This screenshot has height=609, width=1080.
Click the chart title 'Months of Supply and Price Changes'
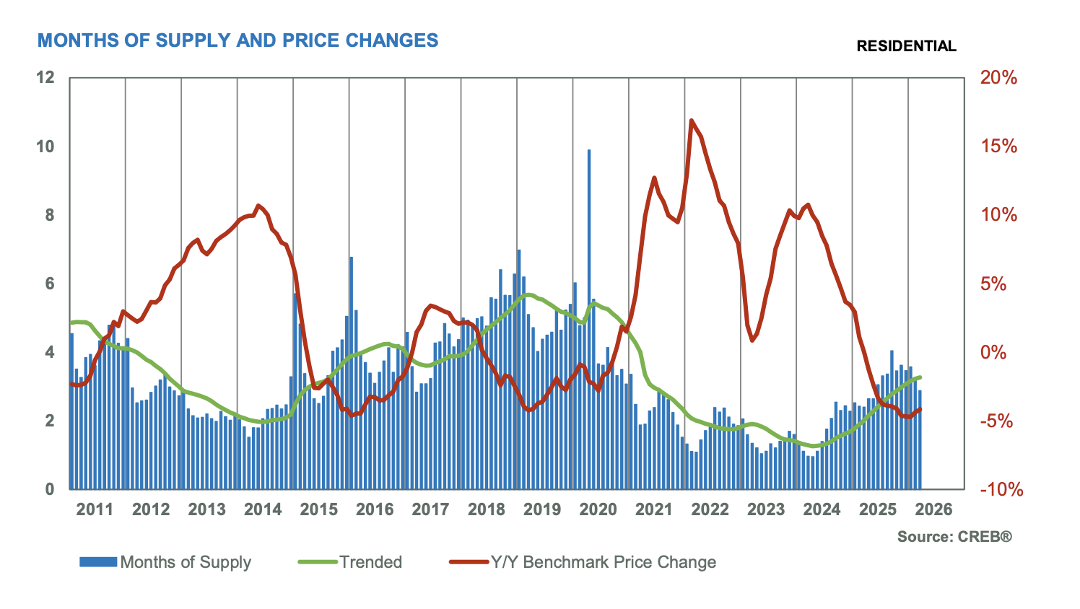(x=238, y=40)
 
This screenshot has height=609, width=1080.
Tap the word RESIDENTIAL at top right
(x=906, y=46)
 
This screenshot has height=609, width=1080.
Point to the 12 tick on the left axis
(x=45, y=77)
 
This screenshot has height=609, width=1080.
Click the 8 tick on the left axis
(x=50, y=215)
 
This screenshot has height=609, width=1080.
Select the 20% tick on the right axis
(x=998, y=78)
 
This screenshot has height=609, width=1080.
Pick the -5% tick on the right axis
(x=1000, y=421)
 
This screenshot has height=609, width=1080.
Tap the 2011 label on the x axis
(x=95, y=509)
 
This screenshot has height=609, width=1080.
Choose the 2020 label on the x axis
(x=598, y=509)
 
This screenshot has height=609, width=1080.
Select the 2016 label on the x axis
(x=374, y=509)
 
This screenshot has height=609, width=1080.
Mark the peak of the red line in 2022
(x=692, y=121)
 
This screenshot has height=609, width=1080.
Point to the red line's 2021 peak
(x=654, y=178)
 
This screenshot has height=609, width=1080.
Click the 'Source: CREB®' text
(x=954, y=537)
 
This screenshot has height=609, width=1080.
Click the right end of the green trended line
(x=920, y=377)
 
